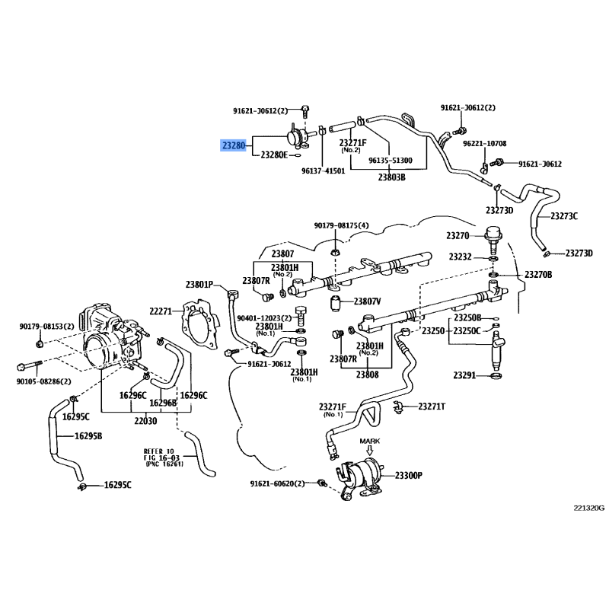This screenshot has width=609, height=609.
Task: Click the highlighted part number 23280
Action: coord(234,145)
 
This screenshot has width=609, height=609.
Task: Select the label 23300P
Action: coord(409,475)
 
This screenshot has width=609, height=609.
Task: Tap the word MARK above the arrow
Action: coord(370,442)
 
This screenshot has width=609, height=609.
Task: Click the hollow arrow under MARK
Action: coord(370,450)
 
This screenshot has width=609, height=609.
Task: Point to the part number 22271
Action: coord(161,311)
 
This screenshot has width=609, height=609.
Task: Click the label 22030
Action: coord(145,421)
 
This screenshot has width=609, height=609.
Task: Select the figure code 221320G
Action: coord(589,508)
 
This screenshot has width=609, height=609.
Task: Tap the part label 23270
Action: coord(458,235)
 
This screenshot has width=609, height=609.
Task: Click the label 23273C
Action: coord(564,216)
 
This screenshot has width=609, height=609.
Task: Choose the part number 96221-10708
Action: coord(485,143)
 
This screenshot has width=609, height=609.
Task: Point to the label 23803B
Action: coord(392,177)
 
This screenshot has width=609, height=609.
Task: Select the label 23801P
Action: coord(199,285)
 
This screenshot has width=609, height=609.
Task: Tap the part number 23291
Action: coord(464,375)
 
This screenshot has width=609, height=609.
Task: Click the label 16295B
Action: coord(88,435)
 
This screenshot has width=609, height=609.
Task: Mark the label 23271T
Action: coord(432,407)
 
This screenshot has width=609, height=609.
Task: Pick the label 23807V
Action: coord(367,301)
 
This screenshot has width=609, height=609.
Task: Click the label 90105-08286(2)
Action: coord(44,381)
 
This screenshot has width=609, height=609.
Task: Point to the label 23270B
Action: coord(538,275)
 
